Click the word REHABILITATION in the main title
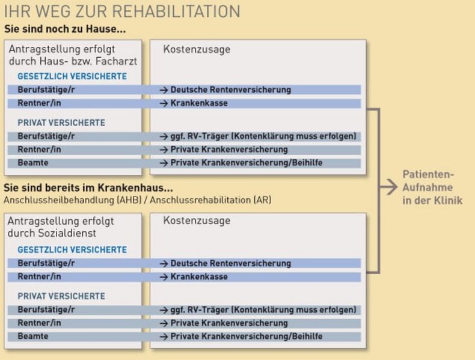coord(176,11)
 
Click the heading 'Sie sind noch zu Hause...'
coord(65,29)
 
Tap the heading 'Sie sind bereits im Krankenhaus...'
coord(88,188)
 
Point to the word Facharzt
coord(116,61)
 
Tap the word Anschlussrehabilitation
coord(200,200)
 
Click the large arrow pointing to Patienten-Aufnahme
coord(388,187)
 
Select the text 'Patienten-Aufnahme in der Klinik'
coord(432,188)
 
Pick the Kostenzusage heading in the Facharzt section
coord(197,49)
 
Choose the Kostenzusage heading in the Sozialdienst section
coord(197,221)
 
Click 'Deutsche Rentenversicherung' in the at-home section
coord(231,90)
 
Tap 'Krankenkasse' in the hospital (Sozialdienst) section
coord(199,276)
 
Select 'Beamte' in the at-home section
coord(33,163)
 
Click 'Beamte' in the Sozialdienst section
coord(33,337)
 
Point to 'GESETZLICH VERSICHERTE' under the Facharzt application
coord(72,76)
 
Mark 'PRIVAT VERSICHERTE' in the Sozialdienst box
coord(61,296)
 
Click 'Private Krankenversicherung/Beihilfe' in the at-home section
coord(247,163)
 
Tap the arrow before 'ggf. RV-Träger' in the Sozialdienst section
coord(164,310)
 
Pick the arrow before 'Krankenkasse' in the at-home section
coord(164,103)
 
